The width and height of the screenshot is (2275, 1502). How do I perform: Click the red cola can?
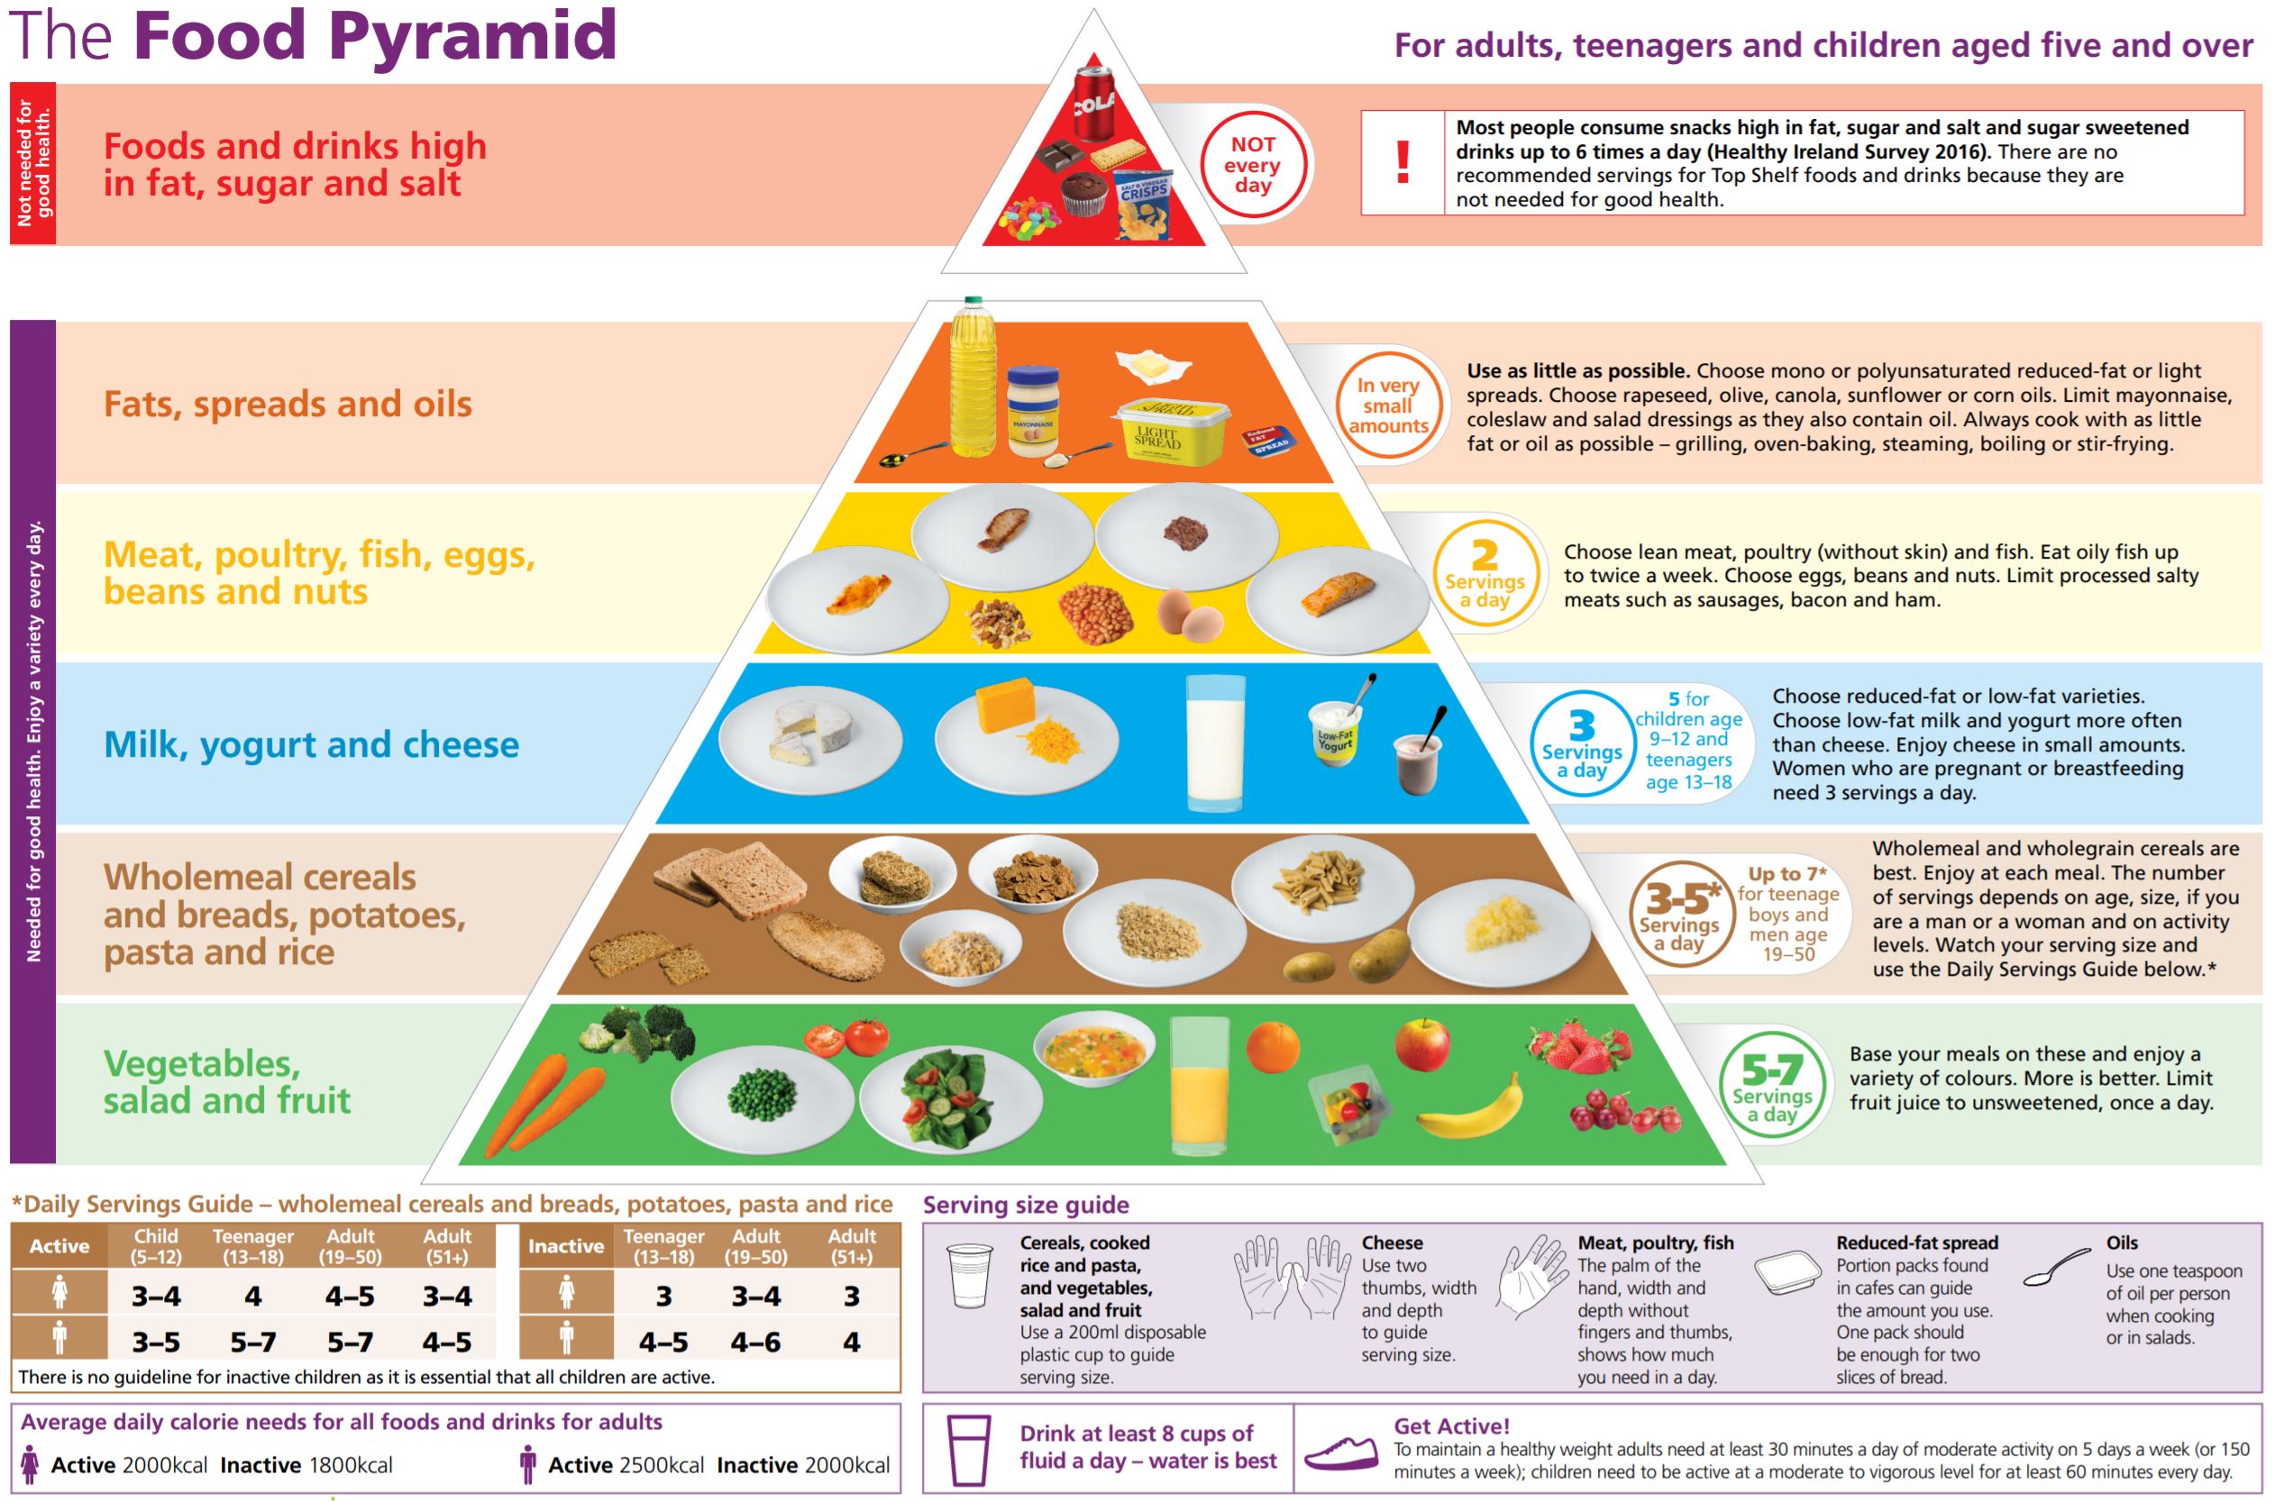(x=1093, y=102)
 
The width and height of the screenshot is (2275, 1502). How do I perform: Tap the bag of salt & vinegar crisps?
(x=1142, y=204)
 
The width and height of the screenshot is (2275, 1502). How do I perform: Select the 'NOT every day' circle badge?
(x=1253, y=165)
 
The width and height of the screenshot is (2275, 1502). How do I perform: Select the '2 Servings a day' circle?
(x=1485, y=573)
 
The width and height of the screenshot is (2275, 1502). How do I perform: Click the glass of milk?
(x=1215, y=742)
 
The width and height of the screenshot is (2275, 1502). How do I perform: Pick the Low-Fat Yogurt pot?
(x=1335, y=733)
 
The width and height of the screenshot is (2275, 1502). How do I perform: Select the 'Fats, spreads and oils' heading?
(x=288, y=405)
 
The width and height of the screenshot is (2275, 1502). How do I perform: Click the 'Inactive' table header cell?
(x=565, y=1246)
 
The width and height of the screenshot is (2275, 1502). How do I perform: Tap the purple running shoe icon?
(x=1341, y=1452)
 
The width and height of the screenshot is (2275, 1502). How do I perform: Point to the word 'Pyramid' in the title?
(x=472, y=35)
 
